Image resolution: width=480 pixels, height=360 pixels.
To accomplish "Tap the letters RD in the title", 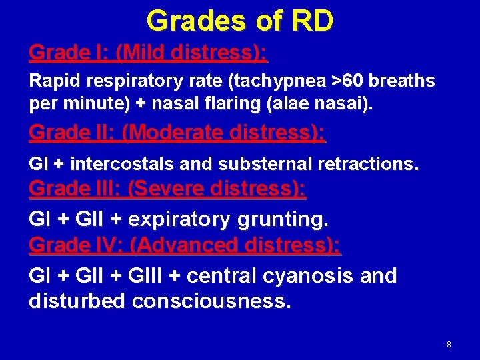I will (311, 21).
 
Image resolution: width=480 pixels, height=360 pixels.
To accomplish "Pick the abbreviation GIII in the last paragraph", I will (151, 275).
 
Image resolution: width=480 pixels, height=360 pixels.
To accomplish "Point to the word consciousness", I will (211, 301).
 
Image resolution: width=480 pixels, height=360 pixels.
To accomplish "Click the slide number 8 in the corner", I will (449, 345).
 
